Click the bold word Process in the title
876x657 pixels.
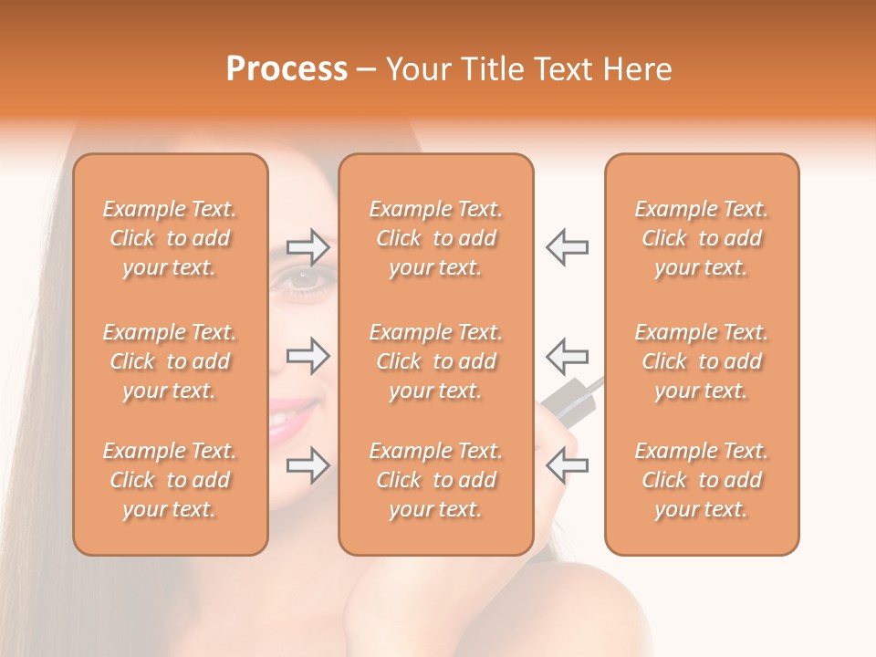(x=287, y=69)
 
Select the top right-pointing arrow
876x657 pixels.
(x=308, y=246)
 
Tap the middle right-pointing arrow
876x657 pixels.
(x=308, y=356)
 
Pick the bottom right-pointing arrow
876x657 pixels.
(x=308, y=465)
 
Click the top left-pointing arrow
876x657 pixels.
(x=567, y=246)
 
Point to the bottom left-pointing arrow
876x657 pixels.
(x=567, y=465)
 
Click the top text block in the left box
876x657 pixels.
(x=170, y=238)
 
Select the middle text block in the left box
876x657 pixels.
(x=170, y=361)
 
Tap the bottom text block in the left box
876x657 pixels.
(x=170, y=480)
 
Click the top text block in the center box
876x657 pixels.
(x=435, y=238)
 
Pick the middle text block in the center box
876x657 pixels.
(x=435, y=361)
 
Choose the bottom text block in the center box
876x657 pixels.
(x=435, y=480)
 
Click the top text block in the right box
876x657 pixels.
(x=701, y=238)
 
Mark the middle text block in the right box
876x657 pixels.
(x=701, y=361)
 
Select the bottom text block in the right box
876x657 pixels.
(x=701, y=480)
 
